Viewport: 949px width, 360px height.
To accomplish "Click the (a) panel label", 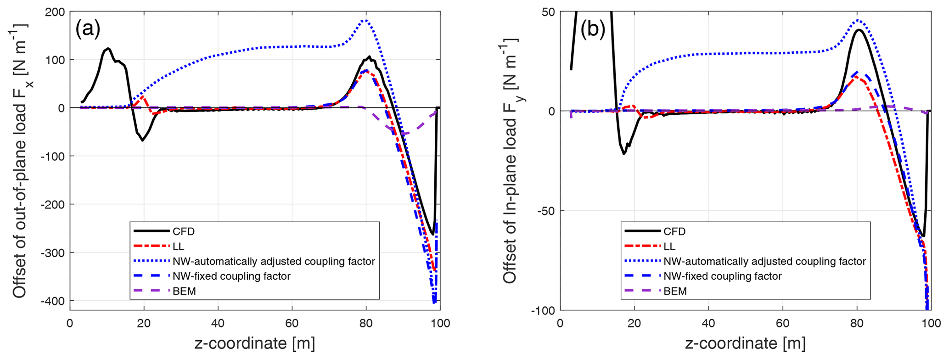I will [x=88, y=28].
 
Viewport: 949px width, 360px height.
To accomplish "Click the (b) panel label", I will [x=593, y=29].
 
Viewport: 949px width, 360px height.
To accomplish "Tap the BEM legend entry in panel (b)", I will [x=675, y=291].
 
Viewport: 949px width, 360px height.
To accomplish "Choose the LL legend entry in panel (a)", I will [x=179, y=247].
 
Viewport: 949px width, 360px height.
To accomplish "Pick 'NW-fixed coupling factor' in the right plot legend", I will [x=722, y=276].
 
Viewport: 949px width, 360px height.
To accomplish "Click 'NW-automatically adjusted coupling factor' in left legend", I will [x=274, y=261].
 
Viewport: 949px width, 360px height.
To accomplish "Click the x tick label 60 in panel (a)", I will [x=292, y=323].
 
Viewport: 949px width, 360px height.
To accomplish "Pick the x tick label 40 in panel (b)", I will [x=708, y=323].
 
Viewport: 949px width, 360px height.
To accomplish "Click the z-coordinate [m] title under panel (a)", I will [x=255, y=343].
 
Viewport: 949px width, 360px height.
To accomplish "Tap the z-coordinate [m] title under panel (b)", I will [x=745, y=343].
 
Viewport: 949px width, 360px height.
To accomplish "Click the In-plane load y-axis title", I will [x=510, y=161].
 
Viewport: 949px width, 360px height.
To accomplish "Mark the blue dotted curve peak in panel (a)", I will [x=365, y=20].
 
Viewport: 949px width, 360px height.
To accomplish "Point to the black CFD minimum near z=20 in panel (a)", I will [x=143, y=140].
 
